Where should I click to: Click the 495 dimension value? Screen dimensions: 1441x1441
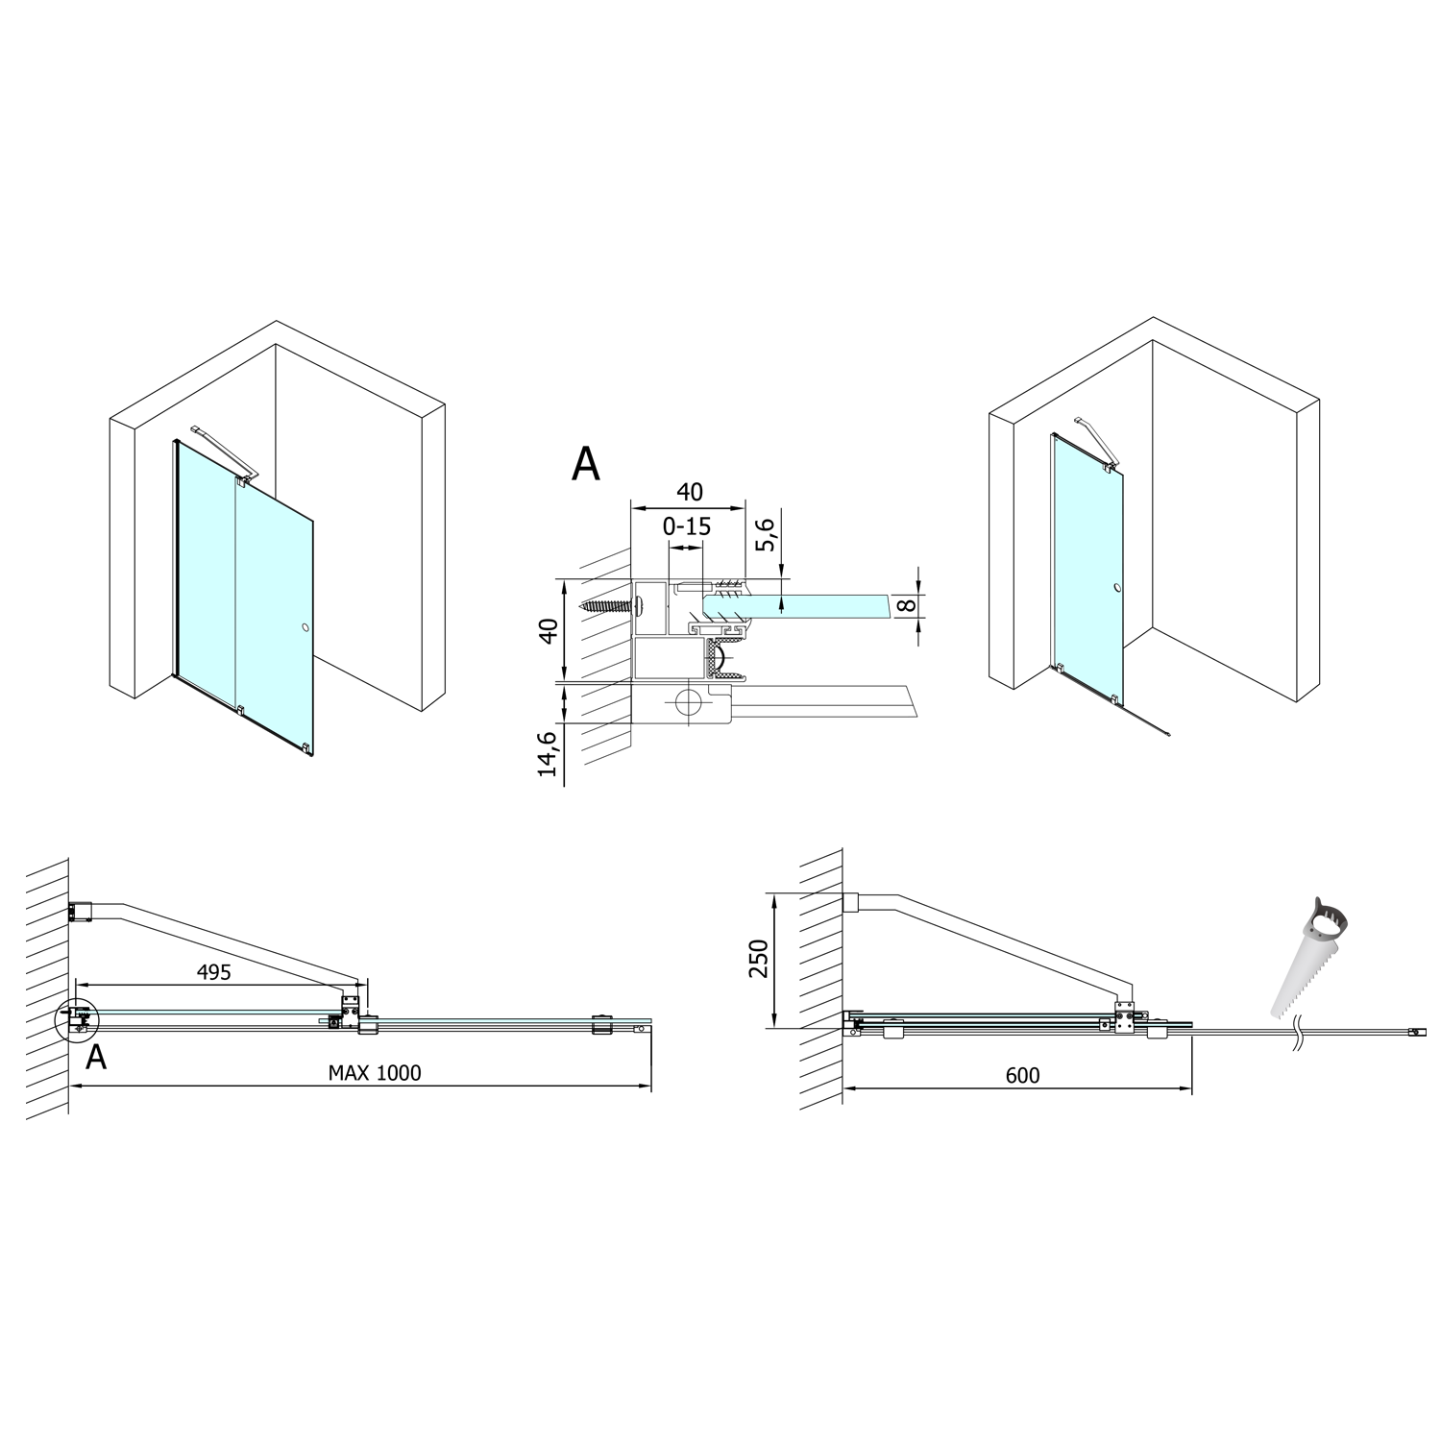213,972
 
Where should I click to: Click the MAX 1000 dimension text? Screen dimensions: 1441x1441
375,1073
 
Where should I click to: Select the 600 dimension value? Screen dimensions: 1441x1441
1022,1076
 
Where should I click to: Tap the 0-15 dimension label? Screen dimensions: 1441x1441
687,527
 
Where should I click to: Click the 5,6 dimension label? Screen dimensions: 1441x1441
766,536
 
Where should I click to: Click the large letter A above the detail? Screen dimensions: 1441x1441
585,464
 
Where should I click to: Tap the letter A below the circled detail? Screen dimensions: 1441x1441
96,1058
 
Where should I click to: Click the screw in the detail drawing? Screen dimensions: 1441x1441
610,606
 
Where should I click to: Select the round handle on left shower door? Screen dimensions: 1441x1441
305,628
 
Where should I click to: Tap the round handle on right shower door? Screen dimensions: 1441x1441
1117,588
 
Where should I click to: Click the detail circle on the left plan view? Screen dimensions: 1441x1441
77,1020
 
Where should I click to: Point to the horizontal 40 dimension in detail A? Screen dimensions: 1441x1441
689,492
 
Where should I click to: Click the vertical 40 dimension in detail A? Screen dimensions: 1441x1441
548,631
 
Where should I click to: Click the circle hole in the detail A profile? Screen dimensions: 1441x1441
689,702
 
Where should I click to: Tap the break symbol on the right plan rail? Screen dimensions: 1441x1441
1297,1032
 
